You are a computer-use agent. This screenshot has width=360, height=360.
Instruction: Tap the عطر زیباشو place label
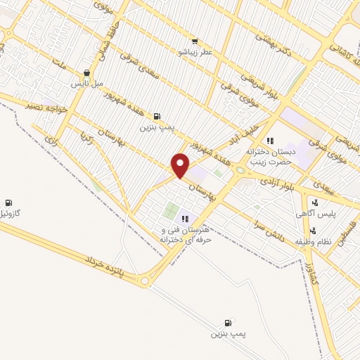pyautogui.click(x=195, y=52)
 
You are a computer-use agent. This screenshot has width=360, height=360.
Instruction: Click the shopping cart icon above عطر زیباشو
pyautogui.click(x=195, y=41)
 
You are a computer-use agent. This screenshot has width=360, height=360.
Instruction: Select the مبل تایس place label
pyautogui.click(x=86, y=84)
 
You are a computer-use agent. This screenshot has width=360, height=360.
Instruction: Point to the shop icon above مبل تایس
pyautogui.click(x=86, y=72)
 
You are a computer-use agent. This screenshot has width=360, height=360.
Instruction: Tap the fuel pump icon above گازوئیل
pyautogui.click(x=8, y=202)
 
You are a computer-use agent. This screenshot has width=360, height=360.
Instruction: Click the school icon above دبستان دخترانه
pyautogui.click(x=270, y=141)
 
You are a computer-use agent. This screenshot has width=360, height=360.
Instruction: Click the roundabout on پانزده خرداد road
pyautogui.click(x=146, y=281)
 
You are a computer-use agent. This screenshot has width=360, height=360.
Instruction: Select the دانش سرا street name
pyautogui.click(x=270, y=229)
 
